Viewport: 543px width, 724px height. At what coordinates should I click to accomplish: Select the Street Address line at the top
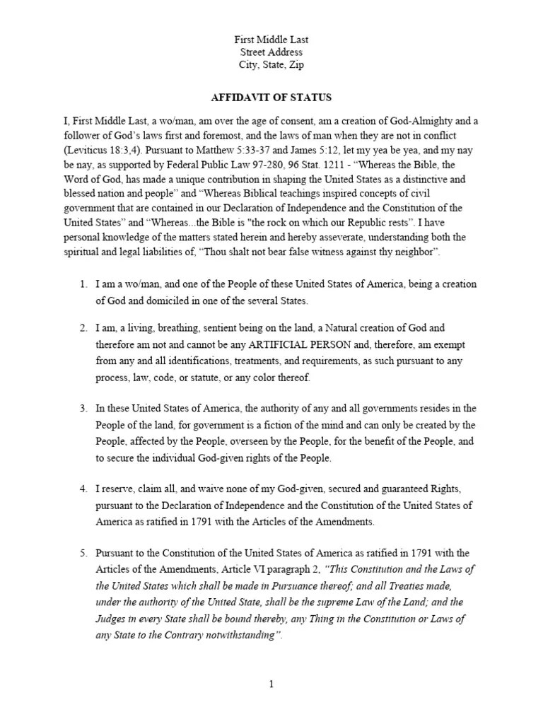(271, 52)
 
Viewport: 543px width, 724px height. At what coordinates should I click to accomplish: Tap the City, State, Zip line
(271, 66)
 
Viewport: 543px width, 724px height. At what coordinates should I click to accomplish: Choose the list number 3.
(83, 409)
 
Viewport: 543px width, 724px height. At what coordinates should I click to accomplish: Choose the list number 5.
(83, 553)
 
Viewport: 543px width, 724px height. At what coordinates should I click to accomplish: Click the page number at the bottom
(271, 684)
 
